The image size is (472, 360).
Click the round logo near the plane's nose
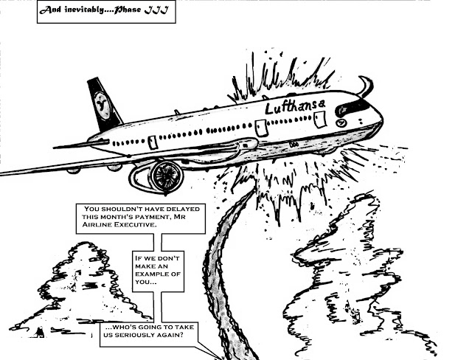click(x=341, y=122)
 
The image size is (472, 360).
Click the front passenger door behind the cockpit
click(x=320, y=119)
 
